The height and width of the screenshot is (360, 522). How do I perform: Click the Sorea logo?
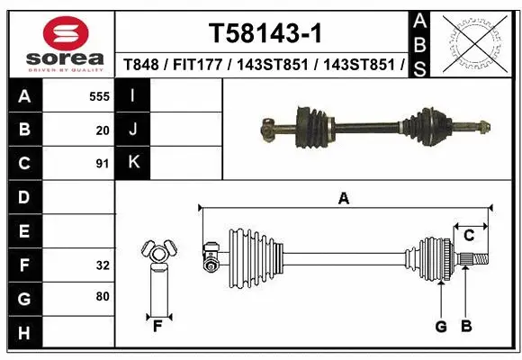60,40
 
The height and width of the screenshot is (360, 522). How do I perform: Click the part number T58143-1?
265,33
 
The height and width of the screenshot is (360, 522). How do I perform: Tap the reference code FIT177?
195,65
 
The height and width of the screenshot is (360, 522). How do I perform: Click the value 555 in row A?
99,95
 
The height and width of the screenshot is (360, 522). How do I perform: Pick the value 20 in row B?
103,130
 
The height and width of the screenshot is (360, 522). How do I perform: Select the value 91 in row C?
103,163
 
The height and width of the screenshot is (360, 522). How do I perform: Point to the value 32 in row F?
103,265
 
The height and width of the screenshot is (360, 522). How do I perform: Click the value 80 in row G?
103,296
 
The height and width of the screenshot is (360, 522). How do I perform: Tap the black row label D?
23,196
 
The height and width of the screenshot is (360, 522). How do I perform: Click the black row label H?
23,333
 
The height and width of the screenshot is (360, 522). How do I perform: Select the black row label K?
133,163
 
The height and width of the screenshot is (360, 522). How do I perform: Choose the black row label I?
133,95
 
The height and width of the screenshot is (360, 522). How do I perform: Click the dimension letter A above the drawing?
343,198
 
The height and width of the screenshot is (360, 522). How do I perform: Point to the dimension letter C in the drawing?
469,235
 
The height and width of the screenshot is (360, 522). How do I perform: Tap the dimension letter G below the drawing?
441,326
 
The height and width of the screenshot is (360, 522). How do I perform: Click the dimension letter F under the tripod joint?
157,326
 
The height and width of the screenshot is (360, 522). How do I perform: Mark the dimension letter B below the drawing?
466,326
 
